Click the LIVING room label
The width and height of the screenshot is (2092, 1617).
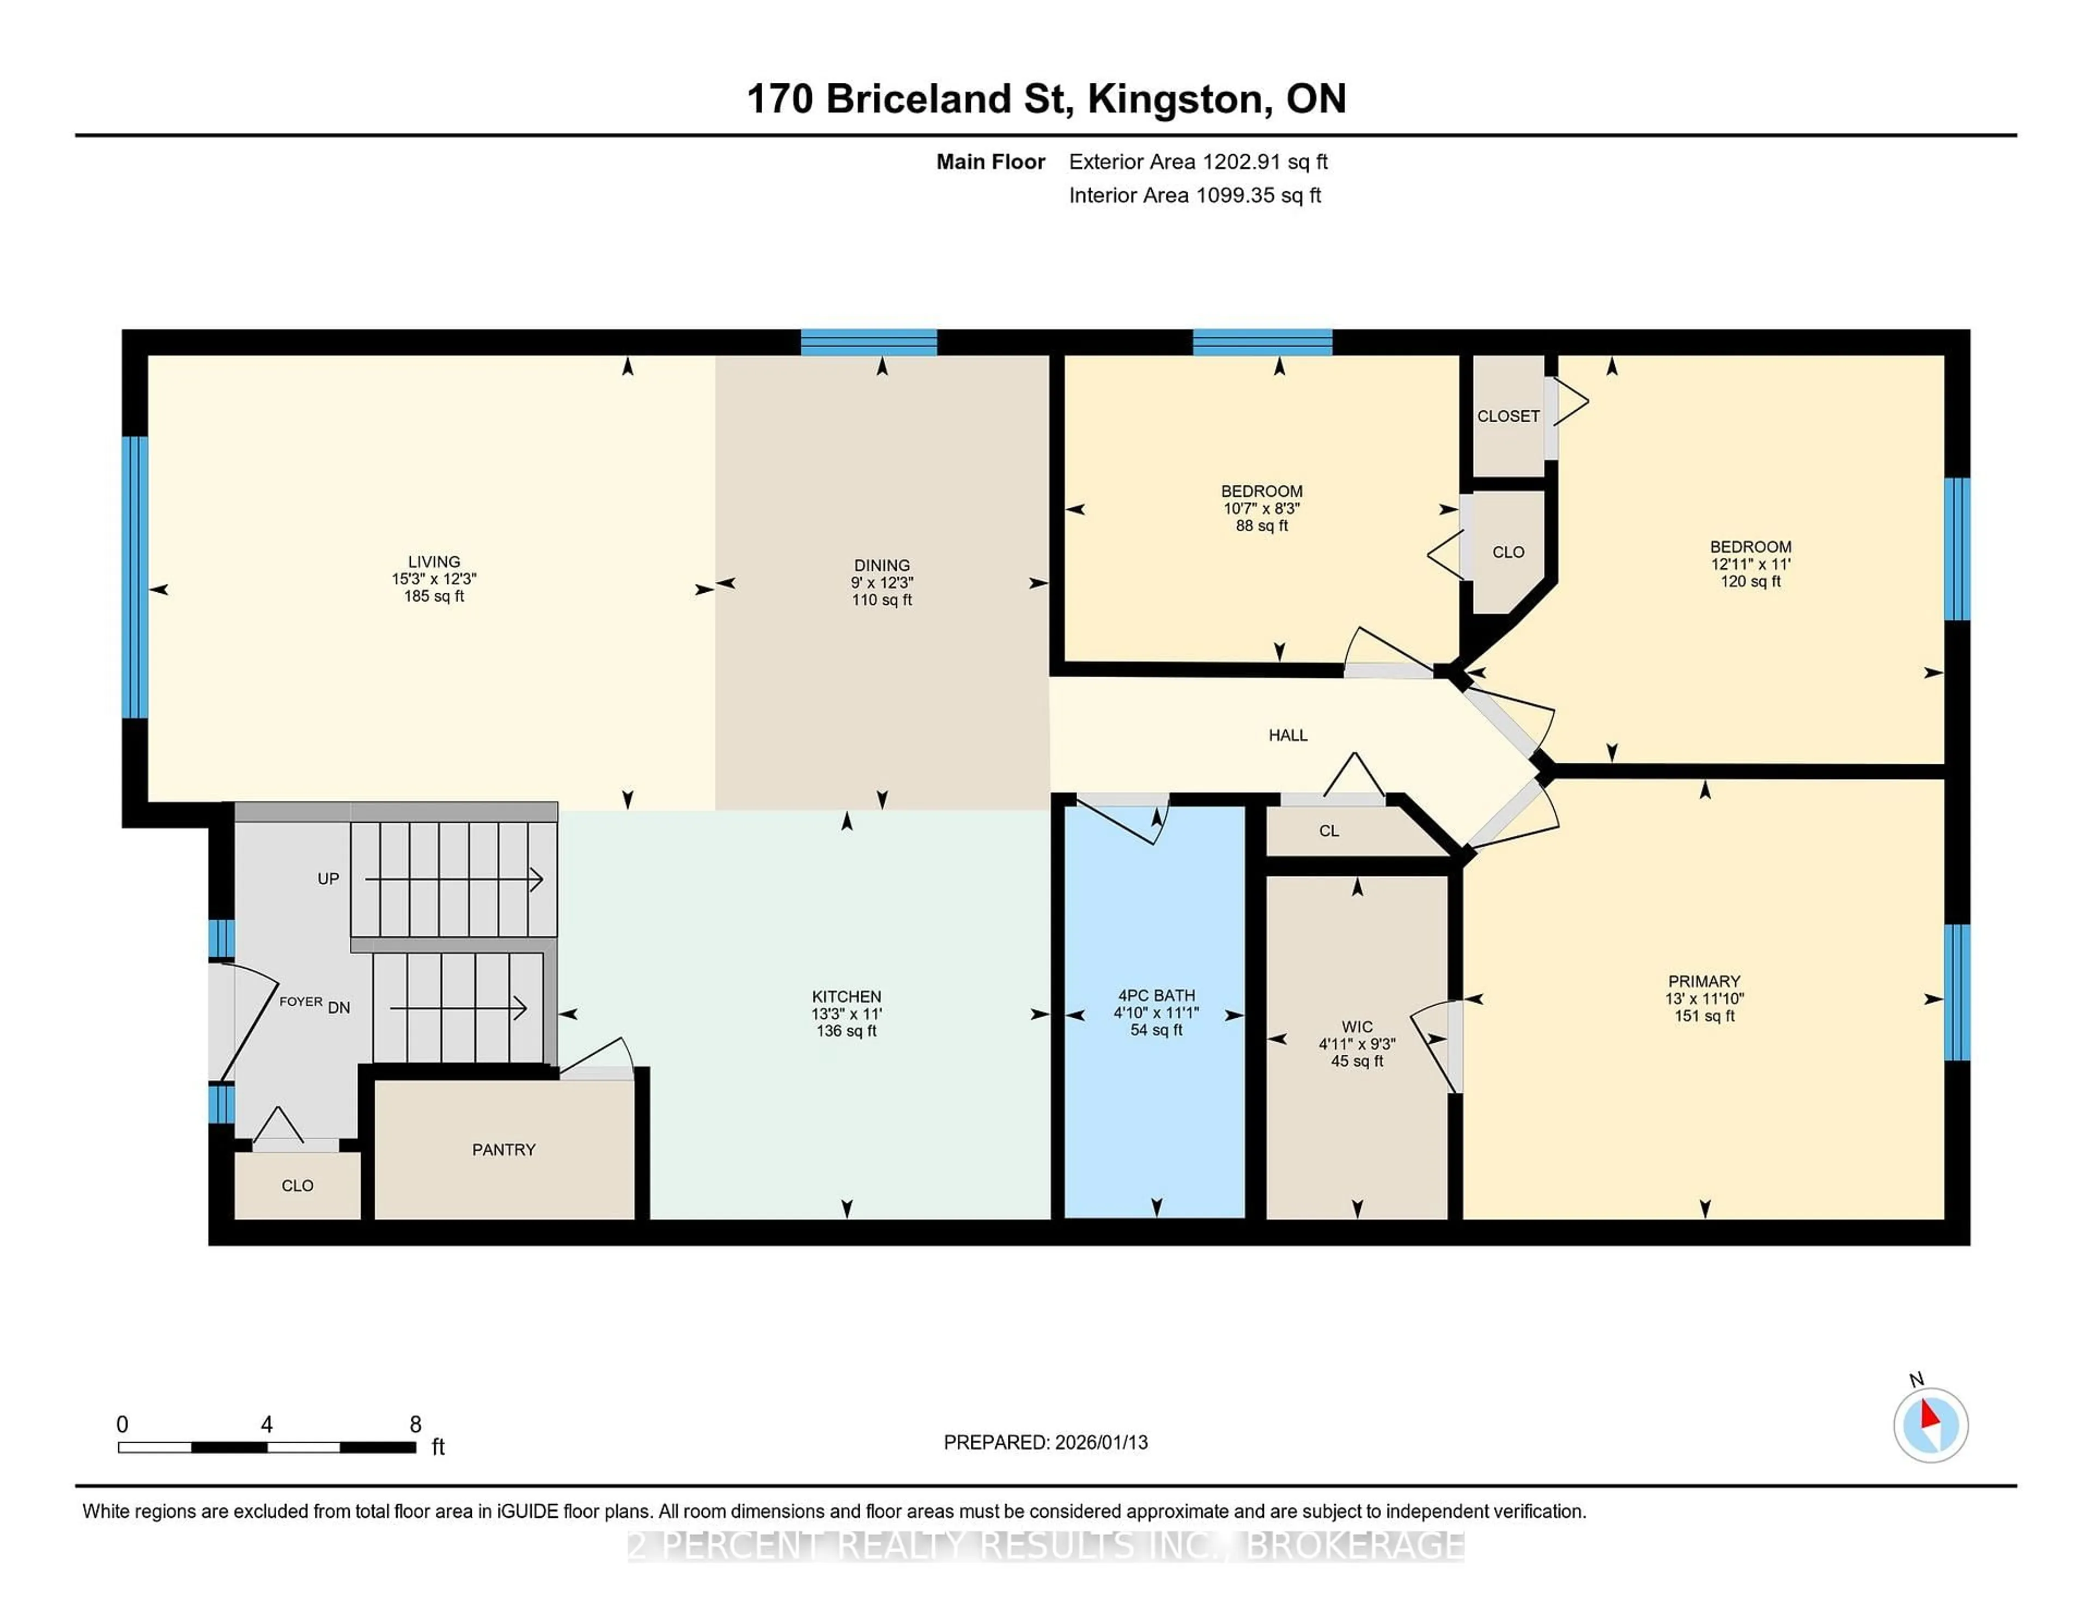[x=434, y=561]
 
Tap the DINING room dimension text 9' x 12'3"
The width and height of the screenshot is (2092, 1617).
[x=881, y=582]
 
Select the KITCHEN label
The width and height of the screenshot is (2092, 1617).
[x=846, y=996]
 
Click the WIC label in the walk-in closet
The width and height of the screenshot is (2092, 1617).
[x=1357, y=1027]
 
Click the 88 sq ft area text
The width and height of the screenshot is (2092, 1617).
[x=1262, y=526]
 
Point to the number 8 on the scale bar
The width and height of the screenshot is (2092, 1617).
[x=416, y=1425]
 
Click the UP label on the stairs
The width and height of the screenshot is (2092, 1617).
[x=329, y=878]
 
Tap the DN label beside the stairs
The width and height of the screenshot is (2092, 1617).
[x=339, y=1008]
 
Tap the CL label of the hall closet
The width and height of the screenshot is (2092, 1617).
[x=1329, y=830]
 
